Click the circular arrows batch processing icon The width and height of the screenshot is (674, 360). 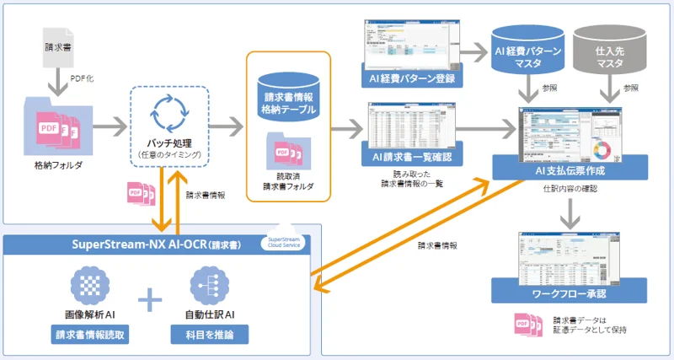[166, 118]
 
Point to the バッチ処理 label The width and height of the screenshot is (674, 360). [166, 146]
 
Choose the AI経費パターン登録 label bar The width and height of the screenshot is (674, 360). [412, 79]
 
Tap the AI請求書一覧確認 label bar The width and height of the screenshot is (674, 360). [412, 158]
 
